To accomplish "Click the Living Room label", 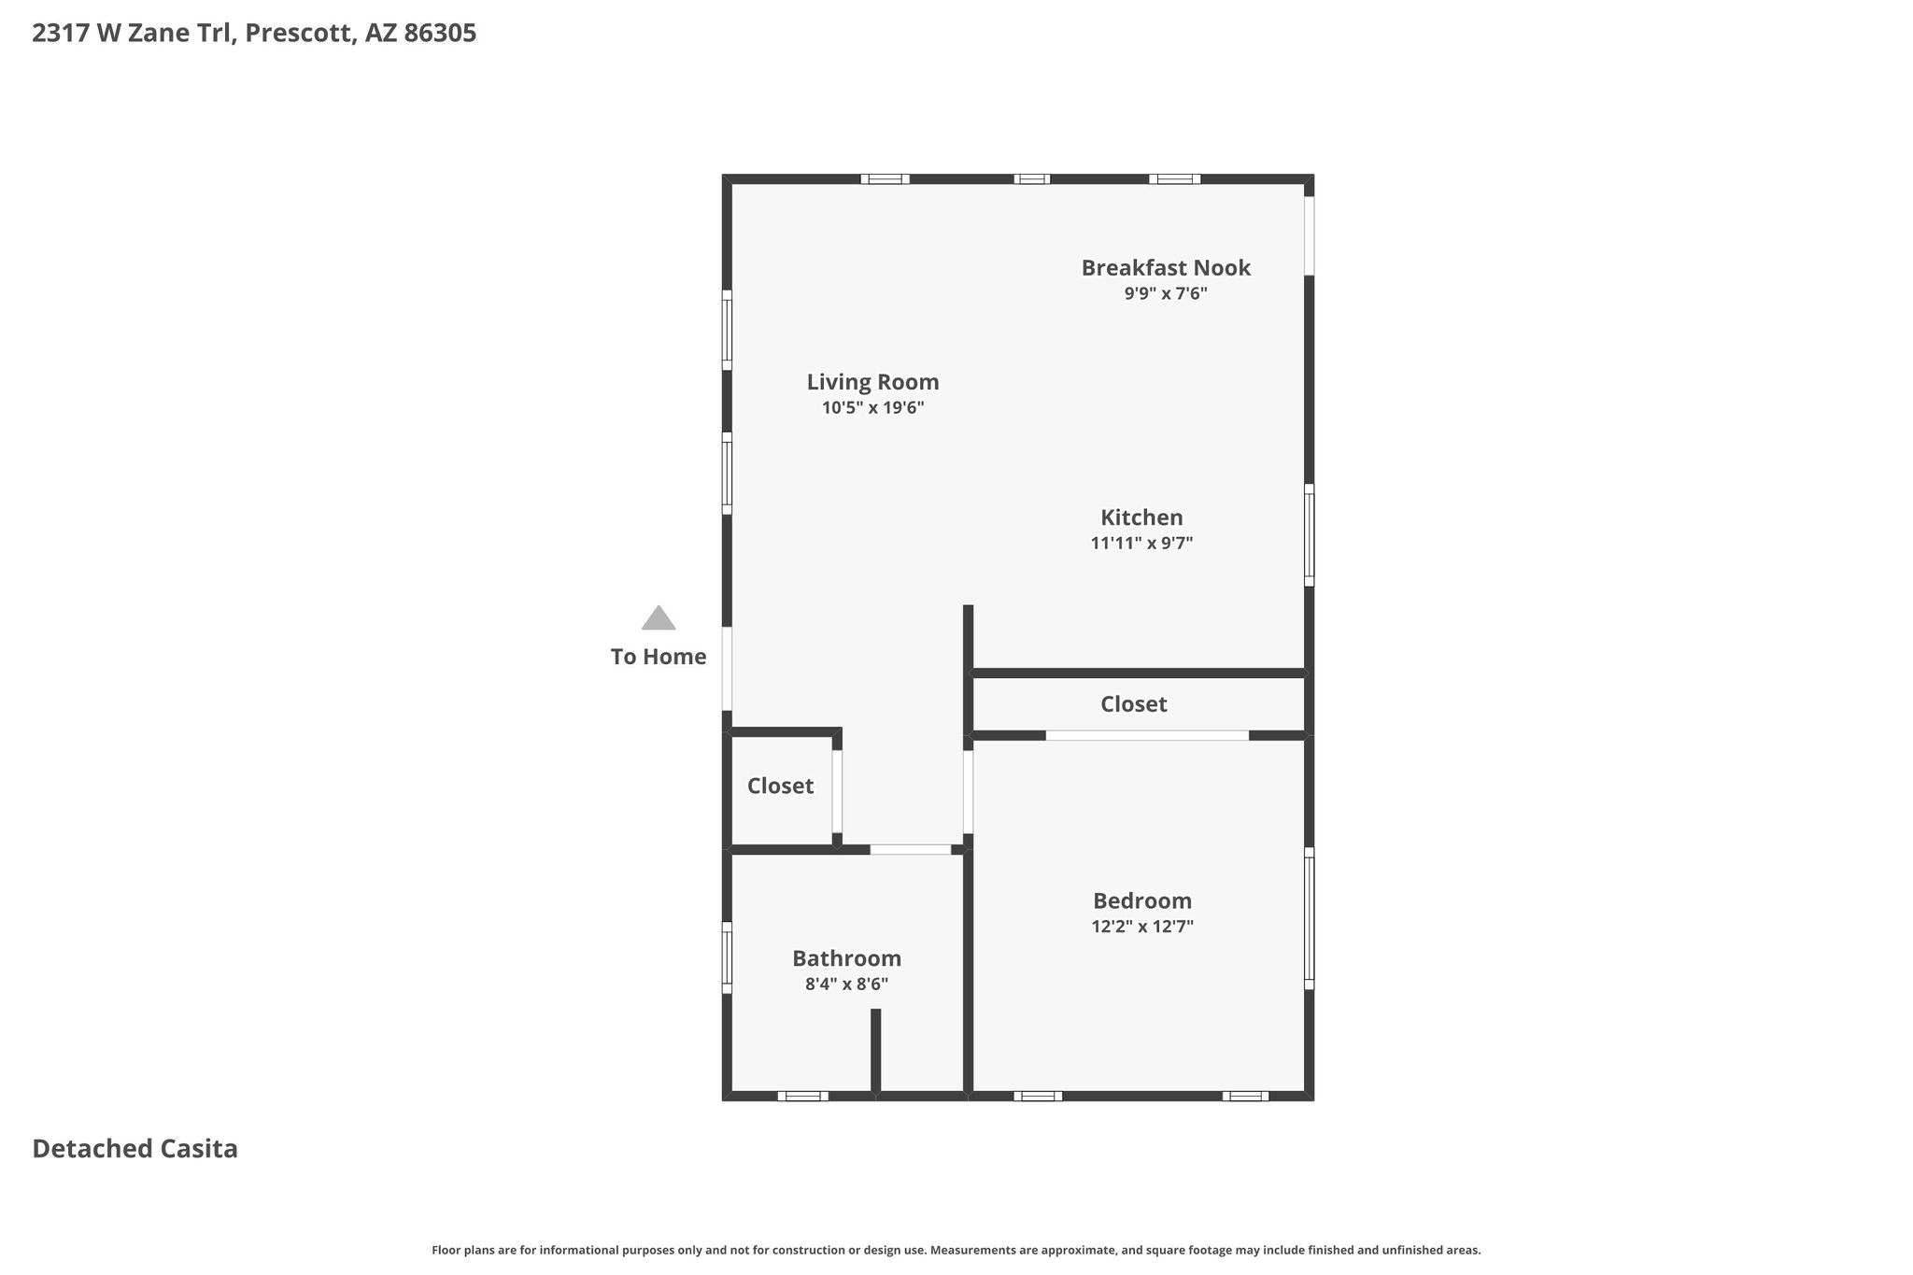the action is [872, 382].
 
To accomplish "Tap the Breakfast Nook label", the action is [1166, 268].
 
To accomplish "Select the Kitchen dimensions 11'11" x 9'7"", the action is [1141, 543].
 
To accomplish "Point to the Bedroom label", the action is [1142, 900].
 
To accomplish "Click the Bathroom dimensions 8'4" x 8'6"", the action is [846, 984].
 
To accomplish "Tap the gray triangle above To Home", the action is [659, 618].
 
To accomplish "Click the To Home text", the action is [659, 657].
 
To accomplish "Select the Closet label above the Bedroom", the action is [1133, 704].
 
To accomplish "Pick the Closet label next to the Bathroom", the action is [780, 786].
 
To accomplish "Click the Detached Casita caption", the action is [135, 1149].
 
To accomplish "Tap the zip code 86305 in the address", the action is [440, 34].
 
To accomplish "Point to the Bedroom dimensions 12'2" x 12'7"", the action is [1142, 927].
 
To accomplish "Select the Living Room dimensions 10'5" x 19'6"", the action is [872, 408].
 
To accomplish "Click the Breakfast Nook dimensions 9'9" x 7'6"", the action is [1166, 293].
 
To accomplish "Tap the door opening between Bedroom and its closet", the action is [1147, 736].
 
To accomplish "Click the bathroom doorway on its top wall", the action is [911, 849].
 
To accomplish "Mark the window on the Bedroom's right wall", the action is [1310, 918].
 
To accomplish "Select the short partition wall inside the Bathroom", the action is [876, 1050].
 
